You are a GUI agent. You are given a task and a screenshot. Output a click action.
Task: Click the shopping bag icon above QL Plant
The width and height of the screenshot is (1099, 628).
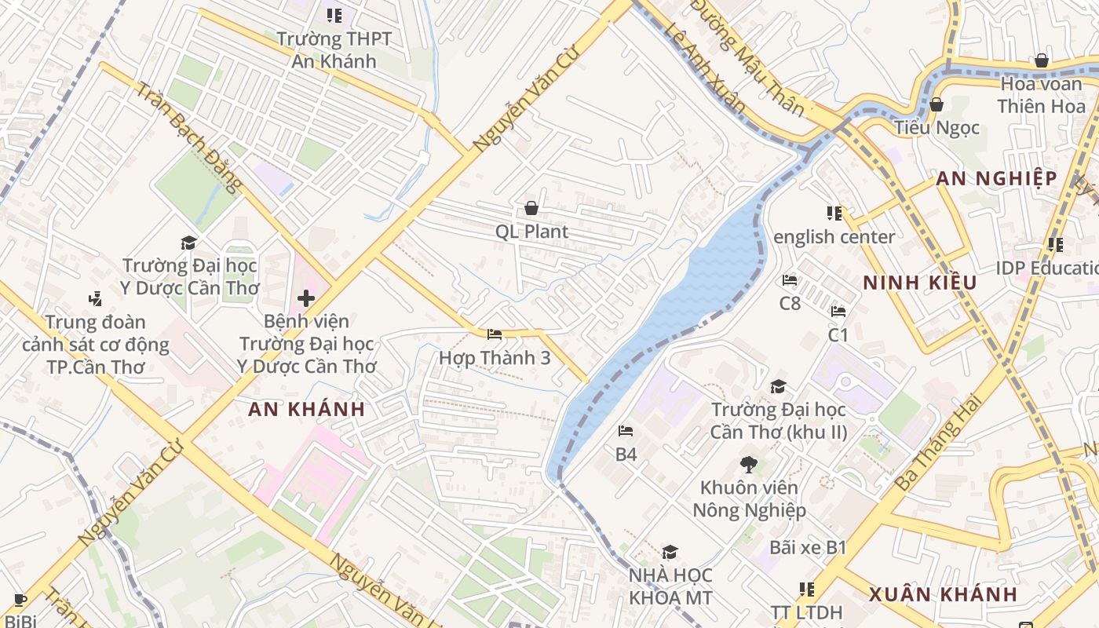(x=531, y=208)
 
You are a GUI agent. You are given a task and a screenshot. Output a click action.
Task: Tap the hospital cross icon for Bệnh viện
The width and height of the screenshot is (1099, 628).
(x=306, y=298)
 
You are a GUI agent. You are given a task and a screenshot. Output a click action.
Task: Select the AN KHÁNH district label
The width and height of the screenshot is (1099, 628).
(x=307, y=409)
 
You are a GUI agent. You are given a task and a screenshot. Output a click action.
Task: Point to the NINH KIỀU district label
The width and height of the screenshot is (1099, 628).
(x=920, y=283)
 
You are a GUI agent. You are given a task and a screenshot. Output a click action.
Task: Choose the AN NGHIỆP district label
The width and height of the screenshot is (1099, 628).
(x=996, y=179)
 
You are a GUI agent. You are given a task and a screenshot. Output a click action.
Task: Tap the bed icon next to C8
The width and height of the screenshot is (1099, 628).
(x=790, y=280)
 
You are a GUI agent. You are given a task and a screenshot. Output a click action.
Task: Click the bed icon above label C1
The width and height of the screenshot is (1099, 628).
(x=838, y=312)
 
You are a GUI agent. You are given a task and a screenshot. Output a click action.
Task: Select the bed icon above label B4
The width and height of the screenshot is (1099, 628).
(x=626, y=431)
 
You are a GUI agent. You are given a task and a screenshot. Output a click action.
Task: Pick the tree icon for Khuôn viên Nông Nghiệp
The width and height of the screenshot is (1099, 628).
(x=749, y=464)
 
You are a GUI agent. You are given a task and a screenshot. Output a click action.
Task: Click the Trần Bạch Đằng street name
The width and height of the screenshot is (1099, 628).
(x=187, y=135)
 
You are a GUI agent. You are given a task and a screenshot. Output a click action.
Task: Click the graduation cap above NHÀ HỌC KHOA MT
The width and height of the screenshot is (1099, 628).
(x=670, y=553)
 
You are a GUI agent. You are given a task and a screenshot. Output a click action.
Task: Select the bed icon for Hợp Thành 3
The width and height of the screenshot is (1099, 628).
(x=495, y=334)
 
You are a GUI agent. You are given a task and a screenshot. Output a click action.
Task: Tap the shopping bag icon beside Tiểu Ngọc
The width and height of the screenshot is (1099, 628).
(x=936, y=104)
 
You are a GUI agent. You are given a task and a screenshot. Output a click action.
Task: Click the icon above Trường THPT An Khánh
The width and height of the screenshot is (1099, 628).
(x=334, y=15)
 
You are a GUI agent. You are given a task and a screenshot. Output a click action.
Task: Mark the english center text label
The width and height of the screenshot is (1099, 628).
(x=834, y=237)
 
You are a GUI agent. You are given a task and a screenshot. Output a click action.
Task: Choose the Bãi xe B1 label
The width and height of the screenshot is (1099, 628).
(x=808, y=547)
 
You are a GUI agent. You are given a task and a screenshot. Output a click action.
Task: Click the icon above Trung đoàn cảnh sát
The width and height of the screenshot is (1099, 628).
(x=96, y=298)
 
